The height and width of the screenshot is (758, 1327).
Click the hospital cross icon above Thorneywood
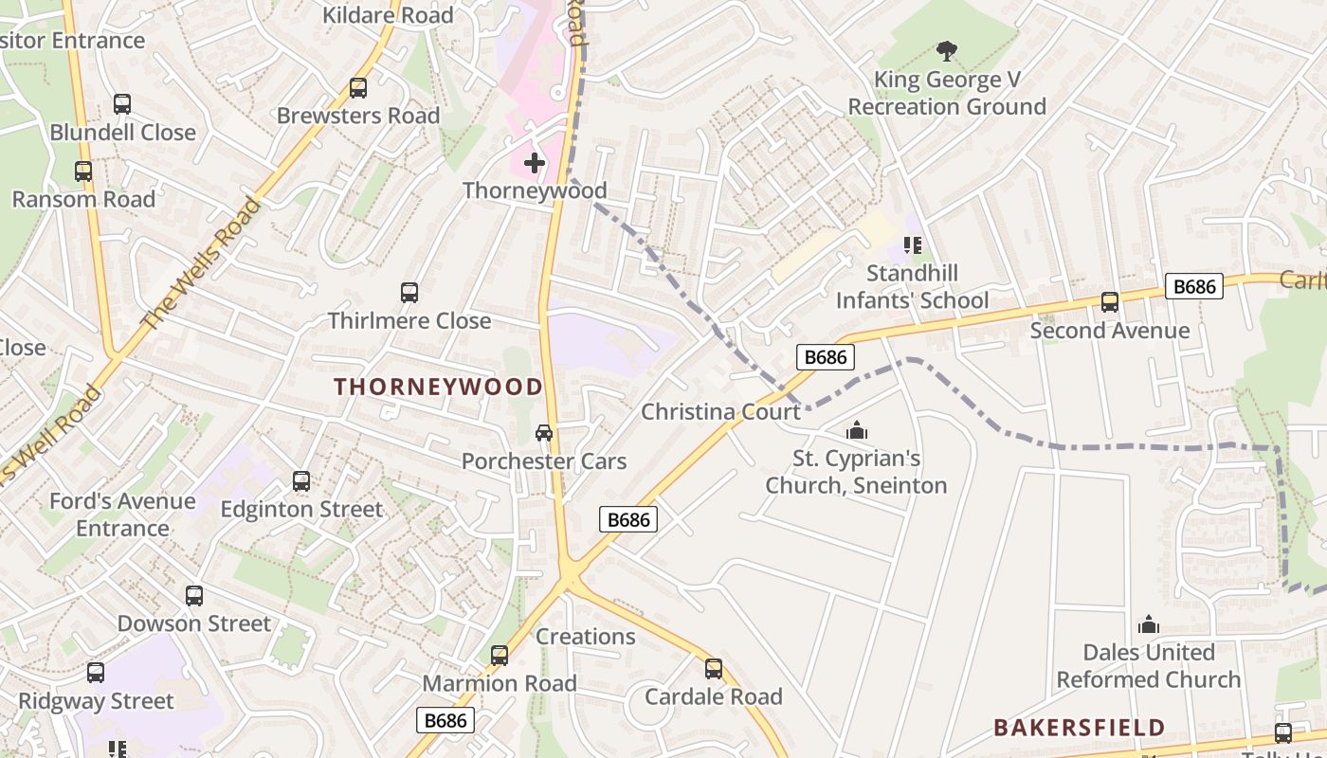click(535, 163)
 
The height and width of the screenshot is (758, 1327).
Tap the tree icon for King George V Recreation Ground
click(946, 51)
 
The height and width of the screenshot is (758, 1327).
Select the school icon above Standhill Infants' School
click(913, 246)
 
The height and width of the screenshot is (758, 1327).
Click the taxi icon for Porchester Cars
click(544, 433)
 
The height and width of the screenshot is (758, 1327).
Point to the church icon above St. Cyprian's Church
click(857, 431)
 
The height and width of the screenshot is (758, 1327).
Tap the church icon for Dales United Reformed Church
click(1149, 624)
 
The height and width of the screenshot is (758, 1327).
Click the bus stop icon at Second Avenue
click(1109, 302)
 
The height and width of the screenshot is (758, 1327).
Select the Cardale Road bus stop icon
click(714, 669)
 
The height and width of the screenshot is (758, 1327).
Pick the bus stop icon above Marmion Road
click(499, 656)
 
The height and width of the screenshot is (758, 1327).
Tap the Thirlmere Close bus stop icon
click(409, 293)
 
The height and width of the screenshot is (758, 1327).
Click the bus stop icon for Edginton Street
click(301, 481)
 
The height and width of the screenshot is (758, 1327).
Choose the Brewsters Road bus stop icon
click(358, 88)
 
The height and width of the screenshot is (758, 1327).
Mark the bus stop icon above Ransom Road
click(83, 171)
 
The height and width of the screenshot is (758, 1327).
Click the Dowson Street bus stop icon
click(194, 596)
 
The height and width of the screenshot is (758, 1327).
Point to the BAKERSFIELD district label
click(1079, 728)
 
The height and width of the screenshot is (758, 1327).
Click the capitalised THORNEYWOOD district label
click(438, 387)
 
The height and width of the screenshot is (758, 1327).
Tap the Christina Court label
click(720, 412)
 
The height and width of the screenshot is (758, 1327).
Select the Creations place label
click(586, 637)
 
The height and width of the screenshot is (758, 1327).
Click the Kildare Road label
click(388, 15)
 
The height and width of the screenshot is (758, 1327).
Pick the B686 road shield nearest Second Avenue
click(1193, 287)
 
